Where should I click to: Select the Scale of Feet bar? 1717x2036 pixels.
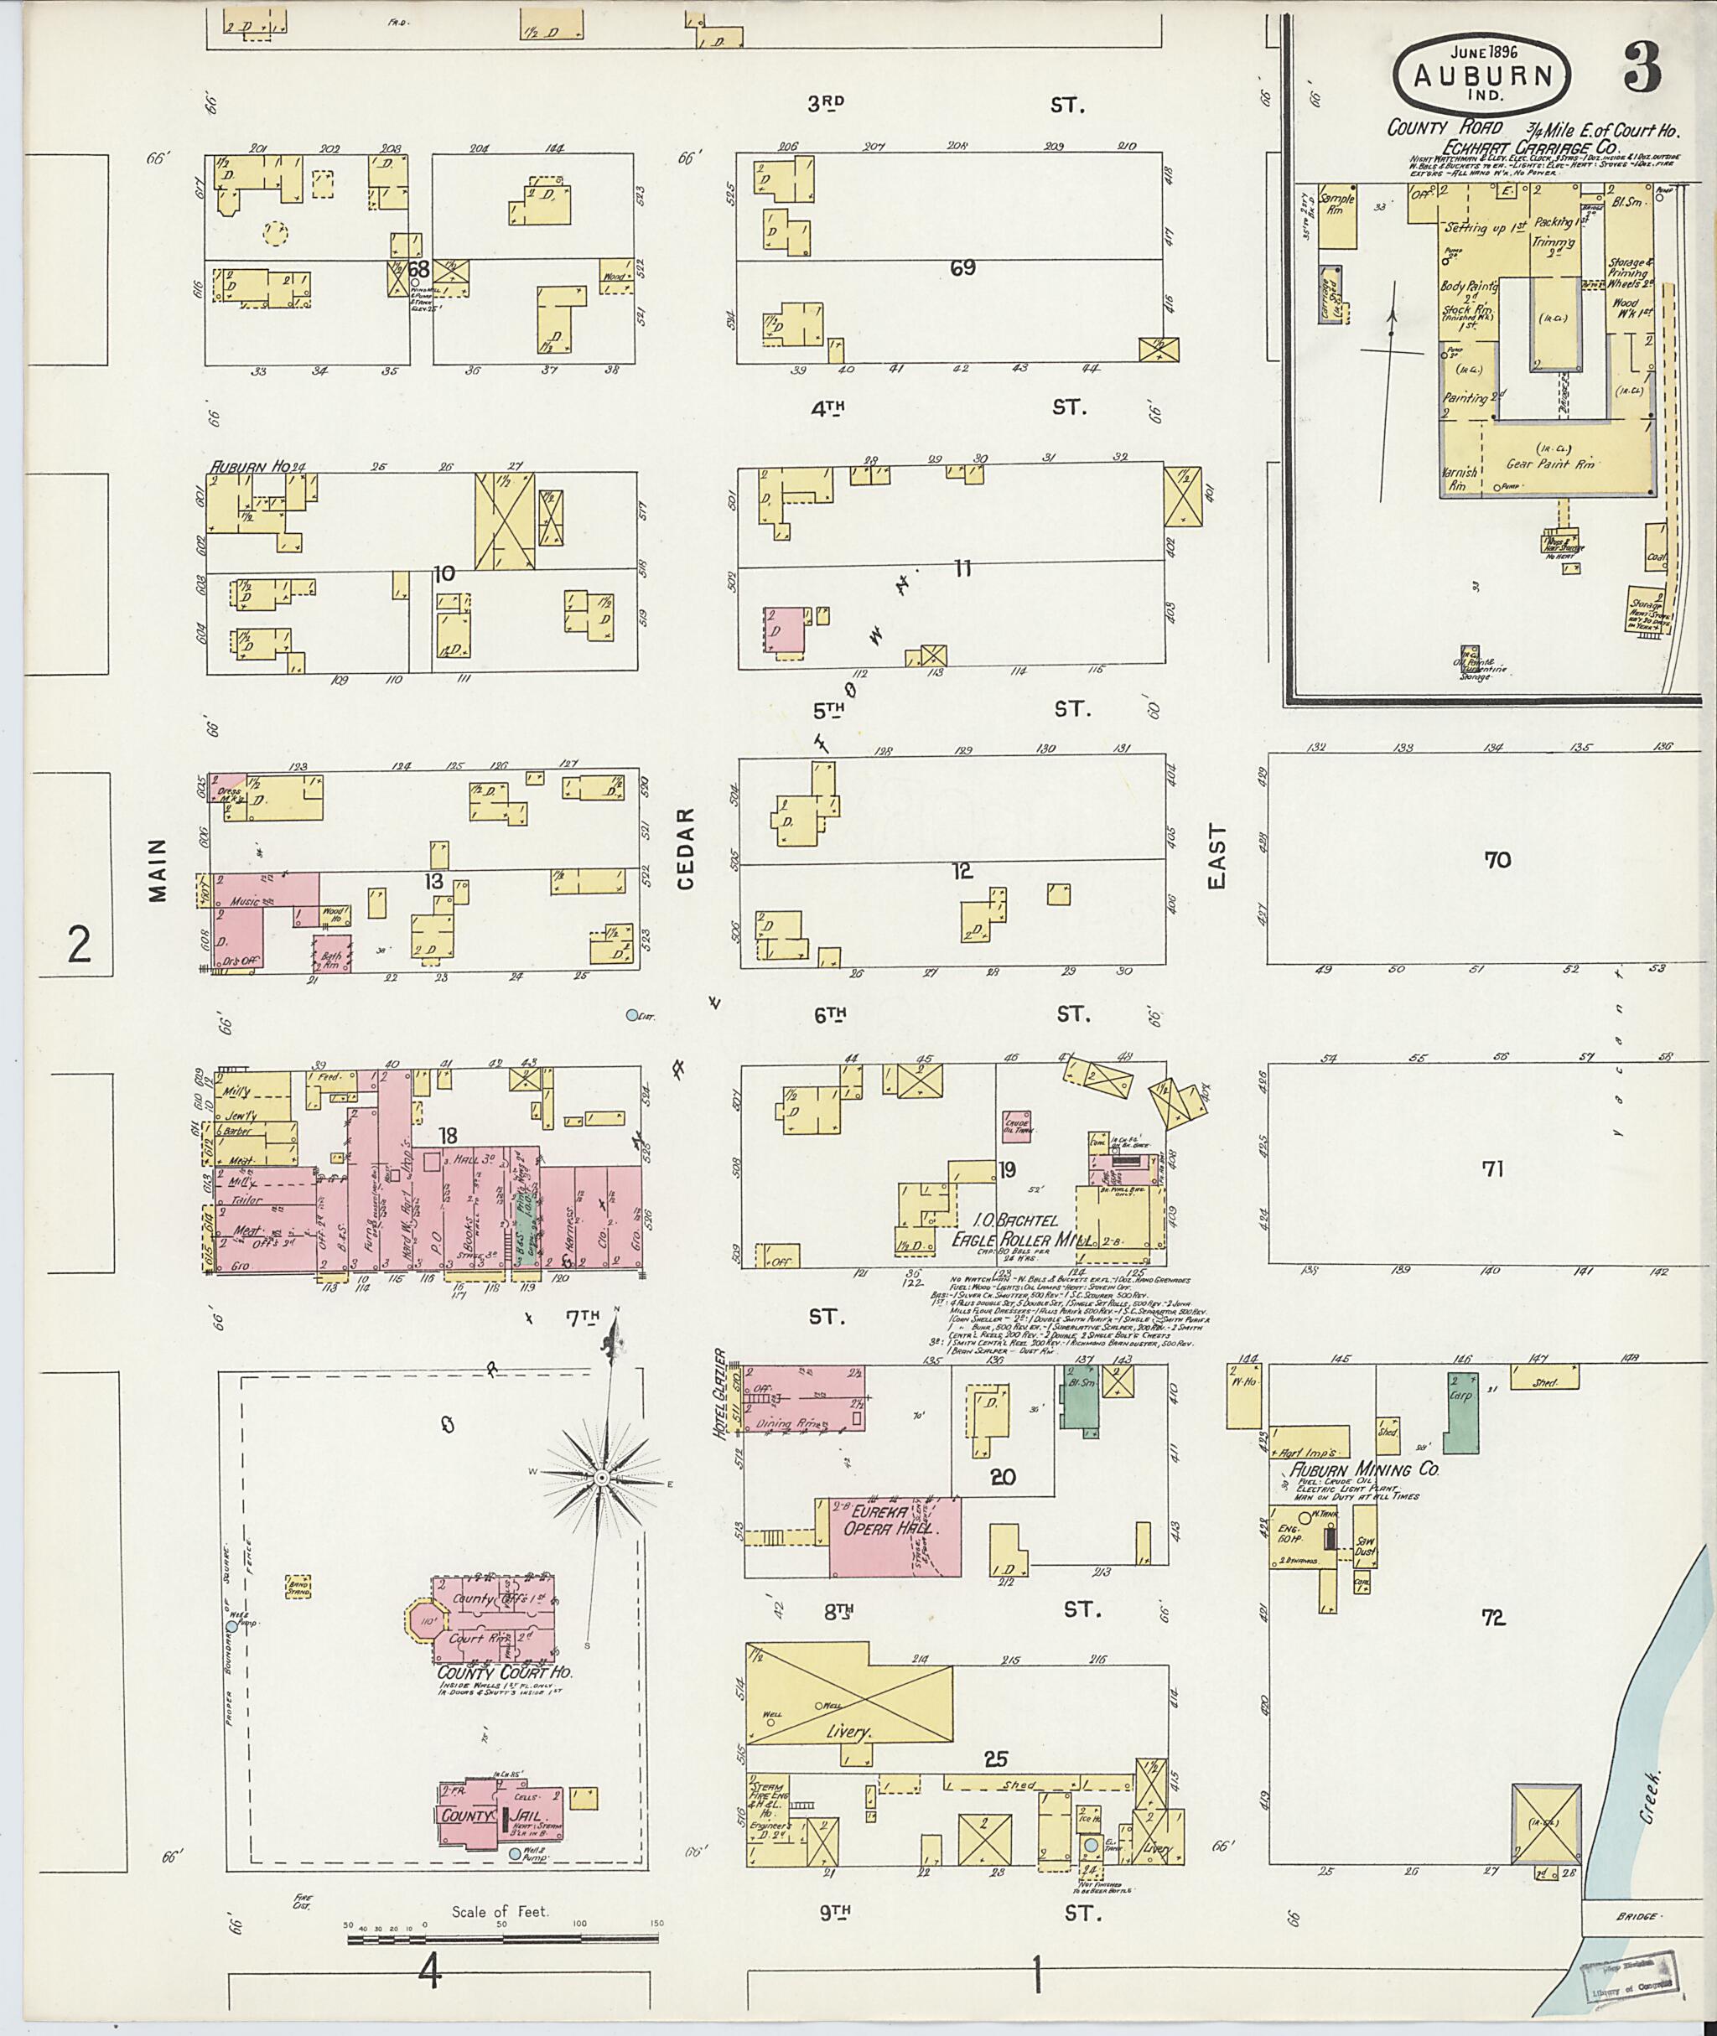(x=506, y=1940)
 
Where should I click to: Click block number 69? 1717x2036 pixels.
(x=962, y=267)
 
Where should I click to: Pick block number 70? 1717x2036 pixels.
(x=1497, y=859)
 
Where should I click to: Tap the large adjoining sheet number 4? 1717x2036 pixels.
(x=429, y=1975)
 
